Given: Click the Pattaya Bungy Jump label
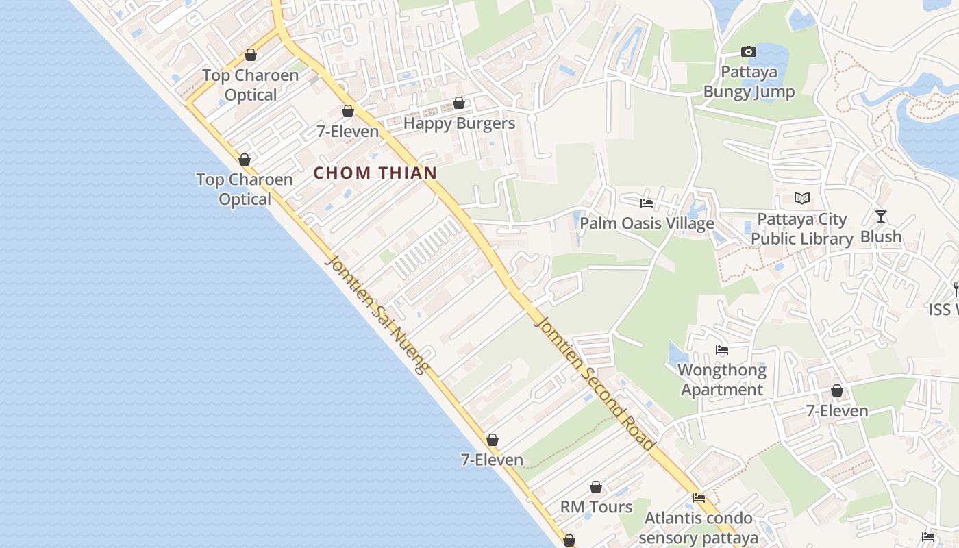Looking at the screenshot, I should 749,82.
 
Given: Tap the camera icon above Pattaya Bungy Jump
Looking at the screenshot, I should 749,51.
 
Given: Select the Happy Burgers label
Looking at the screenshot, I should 459,123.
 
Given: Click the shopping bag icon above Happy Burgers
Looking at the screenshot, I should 459,103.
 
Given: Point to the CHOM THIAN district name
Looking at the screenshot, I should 375,173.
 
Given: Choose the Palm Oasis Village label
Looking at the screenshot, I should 647,223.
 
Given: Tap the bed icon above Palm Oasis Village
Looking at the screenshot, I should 647,203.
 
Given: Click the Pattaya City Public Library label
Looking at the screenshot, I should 801,229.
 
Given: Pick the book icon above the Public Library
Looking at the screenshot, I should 802,199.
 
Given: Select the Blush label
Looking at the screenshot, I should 881,236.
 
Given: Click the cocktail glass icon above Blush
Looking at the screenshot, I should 881,216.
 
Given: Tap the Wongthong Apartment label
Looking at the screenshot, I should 722,380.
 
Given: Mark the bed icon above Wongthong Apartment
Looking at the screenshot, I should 722,350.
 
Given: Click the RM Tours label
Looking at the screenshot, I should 596,507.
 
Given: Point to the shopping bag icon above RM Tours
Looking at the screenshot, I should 596,487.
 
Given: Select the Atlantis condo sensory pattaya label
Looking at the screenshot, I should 699,527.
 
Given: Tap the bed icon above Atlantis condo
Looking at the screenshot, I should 699,498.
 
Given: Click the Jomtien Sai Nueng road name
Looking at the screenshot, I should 377,314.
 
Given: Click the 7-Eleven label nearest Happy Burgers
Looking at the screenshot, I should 348,131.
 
